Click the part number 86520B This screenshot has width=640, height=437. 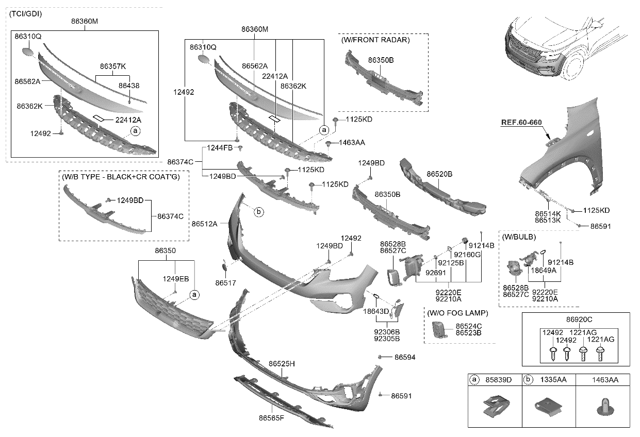(x=439, y=174)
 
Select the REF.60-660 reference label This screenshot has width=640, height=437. (x=521, y=123)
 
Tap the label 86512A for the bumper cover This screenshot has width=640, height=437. (x=204, y=224)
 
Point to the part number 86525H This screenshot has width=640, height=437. (x=282, y=364)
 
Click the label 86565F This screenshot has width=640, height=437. (x=271, y=417)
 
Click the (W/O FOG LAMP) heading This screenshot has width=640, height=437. (x=457, y=313)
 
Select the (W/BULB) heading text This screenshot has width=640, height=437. (x=519, y=237)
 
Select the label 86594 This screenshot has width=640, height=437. (x=405, y=357)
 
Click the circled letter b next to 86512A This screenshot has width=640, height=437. (x=258, y=211)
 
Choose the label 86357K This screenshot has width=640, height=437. (x=112, y=66)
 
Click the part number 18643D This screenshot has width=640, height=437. (x=376, y=311)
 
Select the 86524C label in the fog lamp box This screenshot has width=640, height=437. (x=469, y=326)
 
